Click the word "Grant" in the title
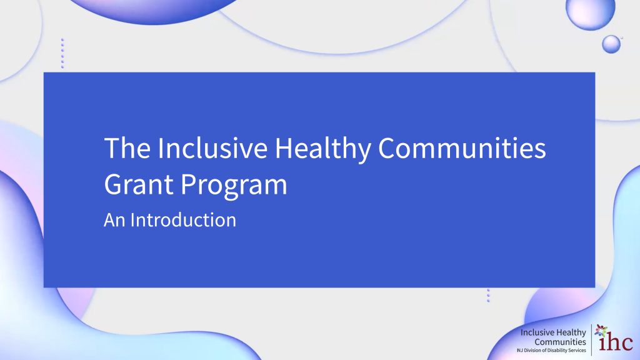[x=139, y=185]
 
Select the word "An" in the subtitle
[x=114, y=220]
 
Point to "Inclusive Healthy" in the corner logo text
[x=553, y=332]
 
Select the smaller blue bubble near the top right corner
[x=611, y=44]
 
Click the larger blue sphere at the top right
[x=590, y=12]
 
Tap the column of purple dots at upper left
[x=62, y=53]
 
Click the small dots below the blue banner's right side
[x=488, y=296]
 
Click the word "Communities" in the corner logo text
[x=560, y=342]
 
